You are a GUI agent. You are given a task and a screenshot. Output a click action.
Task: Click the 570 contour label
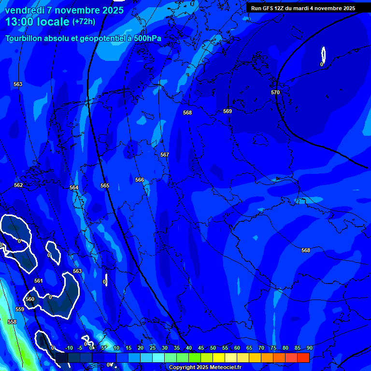(275, 92)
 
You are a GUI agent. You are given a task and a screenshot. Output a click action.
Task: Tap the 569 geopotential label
(228, 111)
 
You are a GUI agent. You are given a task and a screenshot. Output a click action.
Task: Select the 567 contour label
(165, 155)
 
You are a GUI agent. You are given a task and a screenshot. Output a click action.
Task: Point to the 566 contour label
(140, 180)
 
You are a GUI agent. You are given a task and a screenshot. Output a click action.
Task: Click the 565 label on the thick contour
(105, 185)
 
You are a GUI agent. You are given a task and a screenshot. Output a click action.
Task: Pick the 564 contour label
(74, 187)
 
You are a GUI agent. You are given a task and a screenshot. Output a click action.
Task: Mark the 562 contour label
(18, 185)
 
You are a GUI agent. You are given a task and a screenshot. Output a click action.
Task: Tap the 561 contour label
(39, 281)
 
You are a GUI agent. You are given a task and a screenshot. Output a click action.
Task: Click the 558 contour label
(12, 322)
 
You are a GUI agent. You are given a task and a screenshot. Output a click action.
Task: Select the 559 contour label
(20, 309)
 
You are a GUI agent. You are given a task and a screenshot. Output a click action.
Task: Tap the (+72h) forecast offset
(84, 22)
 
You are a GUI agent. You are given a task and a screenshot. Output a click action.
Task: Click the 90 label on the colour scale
(309, 348)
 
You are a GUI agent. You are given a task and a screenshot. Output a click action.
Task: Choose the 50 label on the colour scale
(213, 348)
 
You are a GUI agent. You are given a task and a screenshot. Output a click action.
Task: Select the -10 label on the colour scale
(69, 348)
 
